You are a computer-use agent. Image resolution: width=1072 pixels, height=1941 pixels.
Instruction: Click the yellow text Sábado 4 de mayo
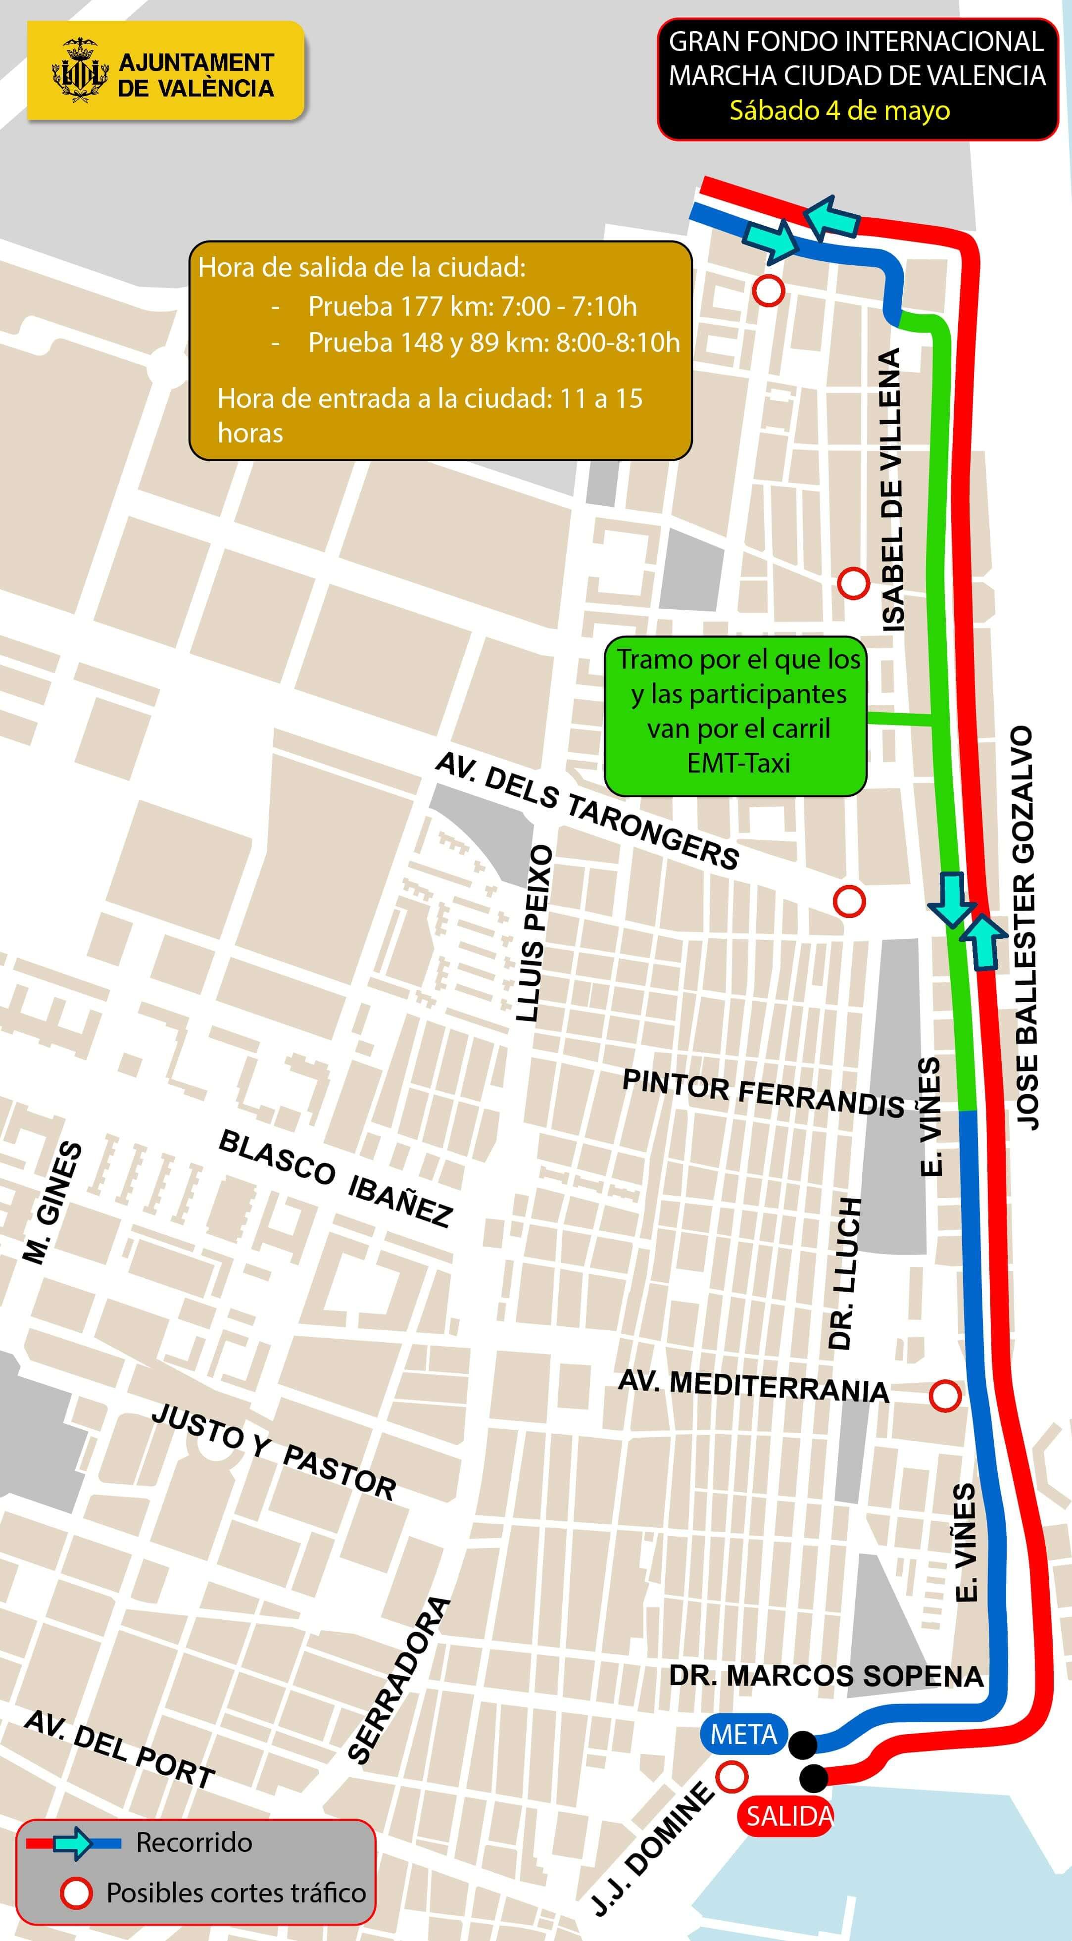point(839,111)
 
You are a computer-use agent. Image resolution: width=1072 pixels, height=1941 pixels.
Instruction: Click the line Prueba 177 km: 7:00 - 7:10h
point(472,307)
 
